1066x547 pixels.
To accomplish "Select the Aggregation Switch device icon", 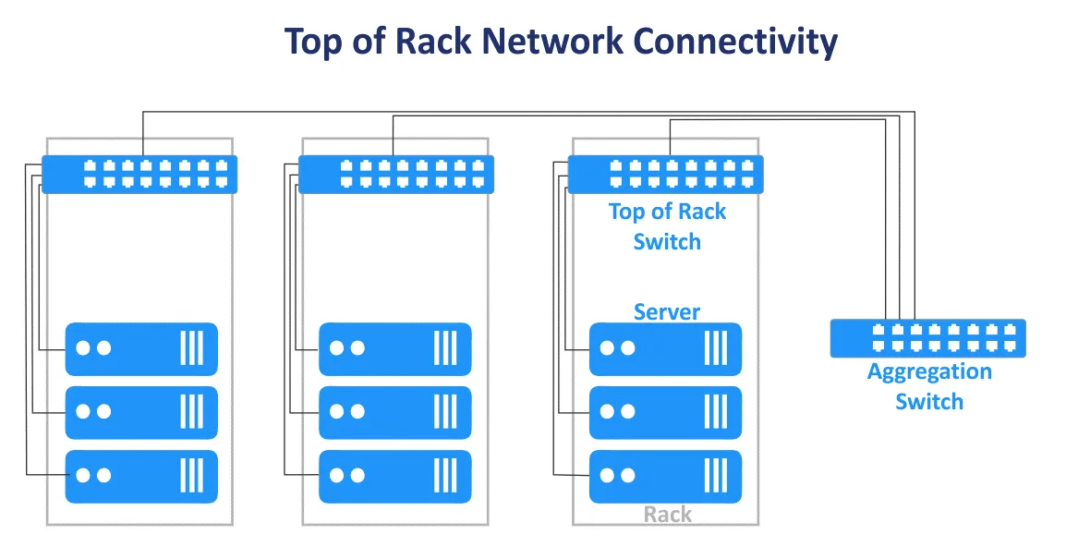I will coord(927,337).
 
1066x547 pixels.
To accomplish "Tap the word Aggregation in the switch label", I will coord(929,372).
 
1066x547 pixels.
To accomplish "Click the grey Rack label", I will coord(667,514).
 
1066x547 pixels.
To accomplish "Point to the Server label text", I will coord(667,312).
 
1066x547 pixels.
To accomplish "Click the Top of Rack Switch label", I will coord(667,226).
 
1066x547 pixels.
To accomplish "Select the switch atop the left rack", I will coord(139,174).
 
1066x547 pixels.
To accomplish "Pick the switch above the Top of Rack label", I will coord(665,174).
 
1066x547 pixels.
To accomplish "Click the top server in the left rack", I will coord(141,348).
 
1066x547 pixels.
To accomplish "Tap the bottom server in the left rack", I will coord(141,476).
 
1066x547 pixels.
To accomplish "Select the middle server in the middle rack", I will coord(395,412).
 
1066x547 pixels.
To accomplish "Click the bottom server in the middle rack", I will coord(395,476).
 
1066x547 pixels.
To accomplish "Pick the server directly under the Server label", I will coord(665,348).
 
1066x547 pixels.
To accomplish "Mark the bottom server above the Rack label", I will coord(665,476).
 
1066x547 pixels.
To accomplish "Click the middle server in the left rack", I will coord(141,412).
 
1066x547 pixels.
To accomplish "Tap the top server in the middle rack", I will coord(395,348).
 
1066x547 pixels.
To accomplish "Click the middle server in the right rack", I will coord(665,412).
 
